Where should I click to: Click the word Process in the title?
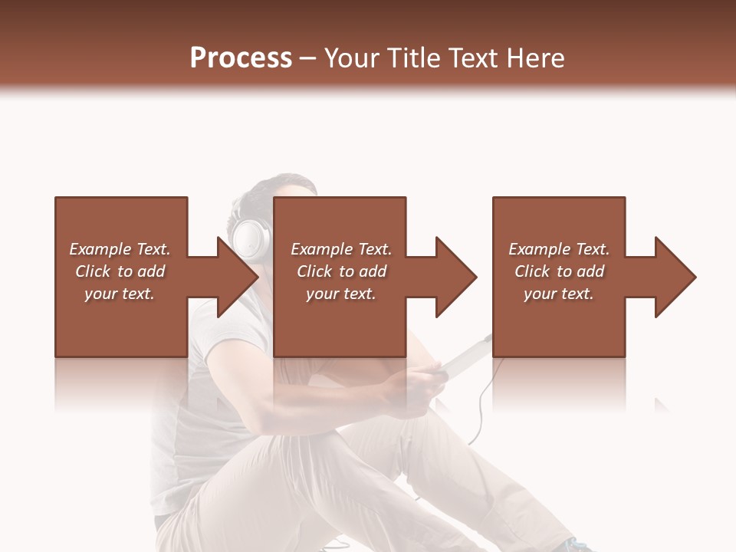[x=241, y=58]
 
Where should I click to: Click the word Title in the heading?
[x=409, y=58]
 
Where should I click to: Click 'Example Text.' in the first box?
[x=120, y=249]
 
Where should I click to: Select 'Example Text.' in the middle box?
[x=340, y=249]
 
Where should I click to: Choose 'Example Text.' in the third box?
[x=559, y=249]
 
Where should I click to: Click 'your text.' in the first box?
[x=120, y=294]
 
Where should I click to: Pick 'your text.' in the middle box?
[x=340, y=294]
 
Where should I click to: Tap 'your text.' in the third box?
[x=559, y=294]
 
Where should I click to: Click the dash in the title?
[x=308, y=58]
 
